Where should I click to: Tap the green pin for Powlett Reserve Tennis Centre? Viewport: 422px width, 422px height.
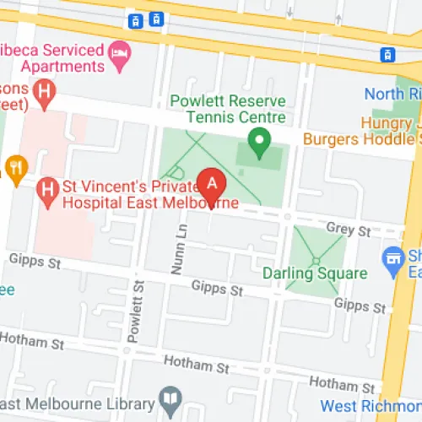[260, 139]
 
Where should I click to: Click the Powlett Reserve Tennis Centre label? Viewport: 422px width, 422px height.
[228, 109]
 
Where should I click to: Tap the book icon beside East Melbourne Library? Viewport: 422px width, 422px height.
[170, 400]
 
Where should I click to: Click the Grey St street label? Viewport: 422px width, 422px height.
[348, 230]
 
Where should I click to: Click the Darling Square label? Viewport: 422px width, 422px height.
[314, 273]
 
